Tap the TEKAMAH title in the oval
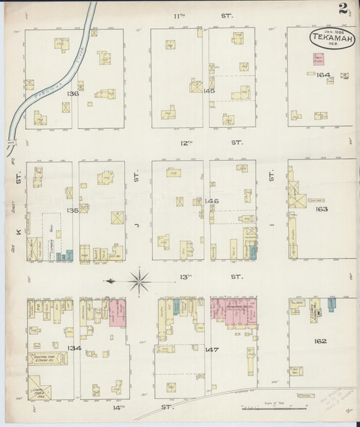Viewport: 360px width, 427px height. point(331,38)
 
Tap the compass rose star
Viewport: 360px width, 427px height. point(139,280)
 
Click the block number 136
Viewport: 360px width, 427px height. point(73,93)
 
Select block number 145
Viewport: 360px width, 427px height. point(209,90)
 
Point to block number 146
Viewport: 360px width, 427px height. point(211,201)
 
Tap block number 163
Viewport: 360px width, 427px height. point(321,209)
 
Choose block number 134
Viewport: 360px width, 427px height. point(74,348)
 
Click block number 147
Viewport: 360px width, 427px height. point(211,350)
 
